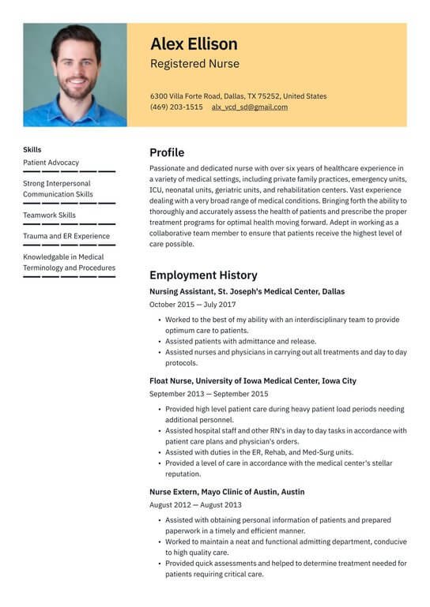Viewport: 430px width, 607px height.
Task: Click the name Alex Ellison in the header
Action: click(x=194, y=43)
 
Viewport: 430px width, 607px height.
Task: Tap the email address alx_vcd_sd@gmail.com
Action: click(x=249, y=107)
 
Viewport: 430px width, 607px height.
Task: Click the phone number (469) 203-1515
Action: click(x=176, y=107)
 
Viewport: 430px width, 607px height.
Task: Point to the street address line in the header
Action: click(x=238, y=96)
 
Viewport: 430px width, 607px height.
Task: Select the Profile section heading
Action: click(x=167, y=152)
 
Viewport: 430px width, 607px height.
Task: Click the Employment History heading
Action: click(x=203, y=275)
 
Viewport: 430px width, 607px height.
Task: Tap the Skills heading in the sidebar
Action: click(x=32, y=149)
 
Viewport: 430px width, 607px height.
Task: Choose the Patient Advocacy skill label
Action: click(x=51, y=163)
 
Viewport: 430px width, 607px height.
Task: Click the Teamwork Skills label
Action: click(x=50, y=215)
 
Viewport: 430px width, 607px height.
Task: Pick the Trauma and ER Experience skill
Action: click(x=66, y=236)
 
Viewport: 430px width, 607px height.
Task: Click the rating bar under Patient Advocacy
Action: click(x=69, y=171)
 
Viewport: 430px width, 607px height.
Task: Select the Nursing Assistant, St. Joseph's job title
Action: click(x=247, y=291)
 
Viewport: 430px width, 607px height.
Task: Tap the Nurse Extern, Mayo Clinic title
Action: click(x=227, y=492)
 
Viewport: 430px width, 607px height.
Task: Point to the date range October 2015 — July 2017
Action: click(x=192, y=305)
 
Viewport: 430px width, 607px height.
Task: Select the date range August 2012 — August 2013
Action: click(x=195, y=505)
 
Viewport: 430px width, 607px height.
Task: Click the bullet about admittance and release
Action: click(x=241, y=342)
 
